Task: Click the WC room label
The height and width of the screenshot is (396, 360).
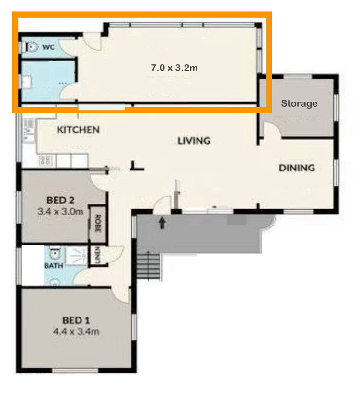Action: (x=48, y=47)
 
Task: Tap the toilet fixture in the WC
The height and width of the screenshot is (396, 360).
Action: (x=31, y=47)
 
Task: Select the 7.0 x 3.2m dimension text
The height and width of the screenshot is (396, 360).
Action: (x=174, y=68)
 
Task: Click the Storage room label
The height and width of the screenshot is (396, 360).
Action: (x=299, y=103)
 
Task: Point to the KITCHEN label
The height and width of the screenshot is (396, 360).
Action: (x=78, y=130)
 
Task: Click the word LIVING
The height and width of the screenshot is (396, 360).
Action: (x=194, y=141)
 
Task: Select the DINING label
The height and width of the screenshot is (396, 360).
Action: (x=297, y=168)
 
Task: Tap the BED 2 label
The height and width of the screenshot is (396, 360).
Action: (x=60, y=200)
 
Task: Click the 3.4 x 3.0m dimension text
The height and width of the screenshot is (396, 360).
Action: (x=60, y=211)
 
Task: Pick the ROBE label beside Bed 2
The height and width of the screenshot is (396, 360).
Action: (x=98, y=223)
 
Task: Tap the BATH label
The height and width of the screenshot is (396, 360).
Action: (x=54, y=266)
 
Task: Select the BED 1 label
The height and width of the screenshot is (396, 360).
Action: (x=76, y=320)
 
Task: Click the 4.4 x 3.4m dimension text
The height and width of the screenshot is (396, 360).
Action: (x=76, y=331)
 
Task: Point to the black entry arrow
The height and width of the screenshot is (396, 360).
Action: (x=162, y=223)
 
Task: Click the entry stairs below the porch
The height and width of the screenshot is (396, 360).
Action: (x=149, y=266)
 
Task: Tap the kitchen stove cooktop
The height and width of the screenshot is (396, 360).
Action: (x=46, y=160)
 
